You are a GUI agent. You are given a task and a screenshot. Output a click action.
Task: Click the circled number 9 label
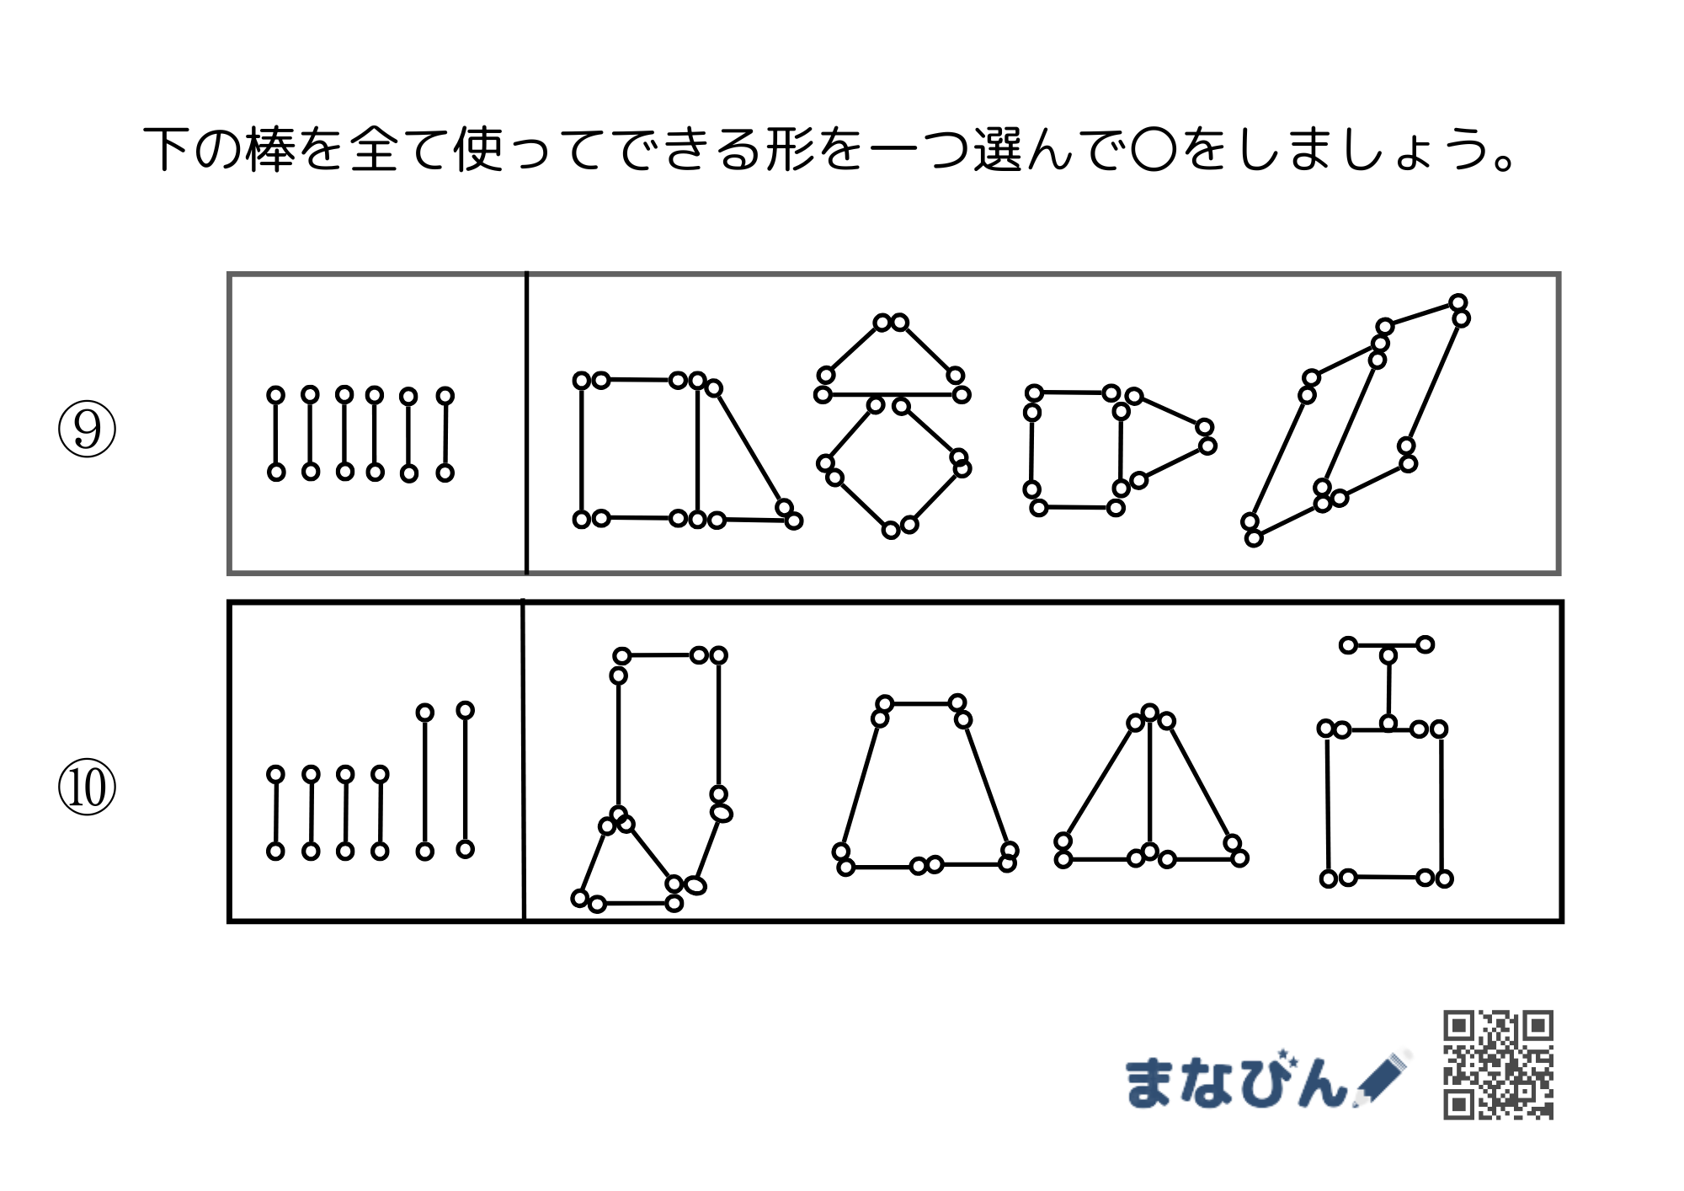coord(87,430)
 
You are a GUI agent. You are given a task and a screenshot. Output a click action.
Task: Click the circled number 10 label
coord(87,788)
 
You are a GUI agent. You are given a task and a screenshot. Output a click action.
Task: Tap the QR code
coord(1498,1065)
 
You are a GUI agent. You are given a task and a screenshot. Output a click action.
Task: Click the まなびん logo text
coord(1235,1080)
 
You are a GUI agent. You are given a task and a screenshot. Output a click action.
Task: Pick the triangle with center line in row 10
coord(1150,783)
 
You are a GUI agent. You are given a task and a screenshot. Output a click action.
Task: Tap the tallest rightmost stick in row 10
coord(466,780)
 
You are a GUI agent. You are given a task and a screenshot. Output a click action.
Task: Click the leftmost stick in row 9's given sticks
coord(275,434)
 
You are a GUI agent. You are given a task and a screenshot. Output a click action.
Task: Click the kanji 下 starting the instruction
coord(167,150)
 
